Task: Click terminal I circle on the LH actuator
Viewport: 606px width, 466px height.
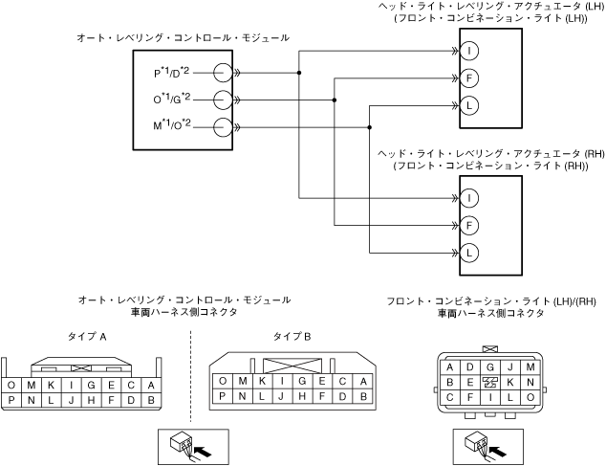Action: click(469, 51)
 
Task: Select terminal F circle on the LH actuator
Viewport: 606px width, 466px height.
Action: click(469, 78)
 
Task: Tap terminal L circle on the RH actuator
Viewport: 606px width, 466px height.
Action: click(469, 254)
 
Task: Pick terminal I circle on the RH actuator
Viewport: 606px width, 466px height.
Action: click(469, 198)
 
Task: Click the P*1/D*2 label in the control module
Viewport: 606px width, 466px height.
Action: click(172, 73)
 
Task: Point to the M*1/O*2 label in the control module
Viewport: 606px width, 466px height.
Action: click(172, 125)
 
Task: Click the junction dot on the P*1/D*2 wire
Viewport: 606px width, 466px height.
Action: click(299, 73)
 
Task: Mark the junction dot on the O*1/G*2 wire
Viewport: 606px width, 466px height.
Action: click(335, 100)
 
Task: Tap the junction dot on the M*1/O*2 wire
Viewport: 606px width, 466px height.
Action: click(370, 127)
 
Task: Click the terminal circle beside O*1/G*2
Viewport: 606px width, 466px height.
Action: click(223, 100)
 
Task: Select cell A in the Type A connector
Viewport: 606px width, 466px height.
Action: click(151, 385)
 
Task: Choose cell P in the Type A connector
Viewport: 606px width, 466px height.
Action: click(11, 400)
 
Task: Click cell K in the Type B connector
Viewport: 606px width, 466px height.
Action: click(263, 381)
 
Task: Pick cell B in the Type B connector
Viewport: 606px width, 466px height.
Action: click(363, 396)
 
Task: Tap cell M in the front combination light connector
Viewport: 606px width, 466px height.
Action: click(530, 367)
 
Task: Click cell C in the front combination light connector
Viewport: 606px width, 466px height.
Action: click(449, 397)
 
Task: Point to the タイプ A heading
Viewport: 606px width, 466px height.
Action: click(87, 337)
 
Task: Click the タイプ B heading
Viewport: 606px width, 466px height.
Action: click(292, 337)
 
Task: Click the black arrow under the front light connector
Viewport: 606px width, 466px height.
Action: click(498, 451)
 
